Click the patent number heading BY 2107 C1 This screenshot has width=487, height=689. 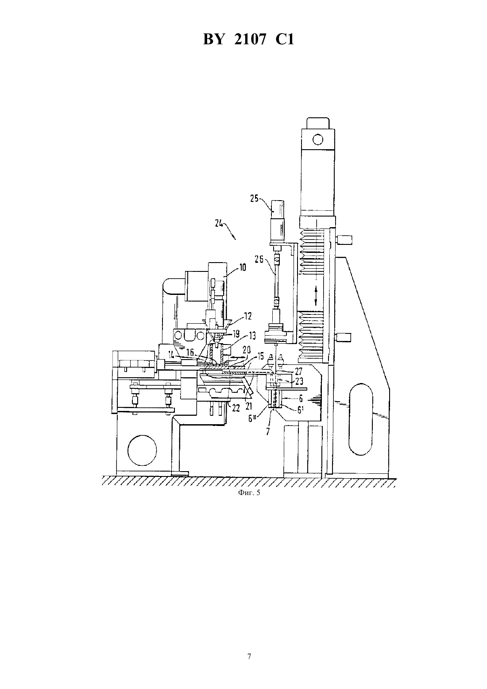coord(248,39)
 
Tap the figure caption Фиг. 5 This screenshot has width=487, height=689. coord(249,492)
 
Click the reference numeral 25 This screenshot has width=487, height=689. coord(255,198)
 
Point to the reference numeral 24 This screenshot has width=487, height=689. coord(219,224)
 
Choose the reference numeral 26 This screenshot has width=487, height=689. coord(259,259)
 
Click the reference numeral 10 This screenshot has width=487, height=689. coord(243,267)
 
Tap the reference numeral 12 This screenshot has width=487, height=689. coord(248,316)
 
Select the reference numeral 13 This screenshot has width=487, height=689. coord(252,336)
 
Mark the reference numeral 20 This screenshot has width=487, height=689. coord(247,349)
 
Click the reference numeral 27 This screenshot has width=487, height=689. coord(298,371)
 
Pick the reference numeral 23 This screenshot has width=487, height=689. coord(299,381)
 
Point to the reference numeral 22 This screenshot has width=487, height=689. coord(236,408)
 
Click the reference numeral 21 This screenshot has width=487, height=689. coord(249,406)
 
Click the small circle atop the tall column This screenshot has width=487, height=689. coord(318,140)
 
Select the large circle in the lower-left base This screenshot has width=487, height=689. coord(142,450)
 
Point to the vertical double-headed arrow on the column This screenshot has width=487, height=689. coord(316,296)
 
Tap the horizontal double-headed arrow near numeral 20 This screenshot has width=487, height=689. coord(238,357)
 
